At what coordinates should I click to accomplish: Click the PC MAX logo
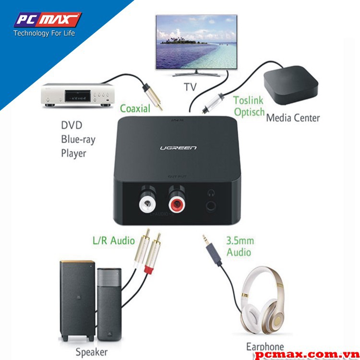coord(47,20)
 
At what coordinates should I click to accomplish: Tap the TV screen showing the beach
coord(196,43)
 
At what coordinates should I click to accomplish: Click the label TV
coord(190,87)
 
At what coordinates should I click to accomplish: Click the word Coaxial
coord(135,108)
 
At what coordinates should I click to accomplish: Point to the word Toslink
coord(249,101)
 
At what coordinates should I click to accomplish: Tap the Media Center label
coord(293,118)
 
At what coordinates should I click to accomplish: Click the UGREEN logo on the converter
coord(178,147)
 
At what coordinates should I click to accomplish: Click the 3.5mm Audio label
coord(240,246)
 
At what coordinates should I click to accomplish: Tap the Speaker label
coord(92,351)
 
